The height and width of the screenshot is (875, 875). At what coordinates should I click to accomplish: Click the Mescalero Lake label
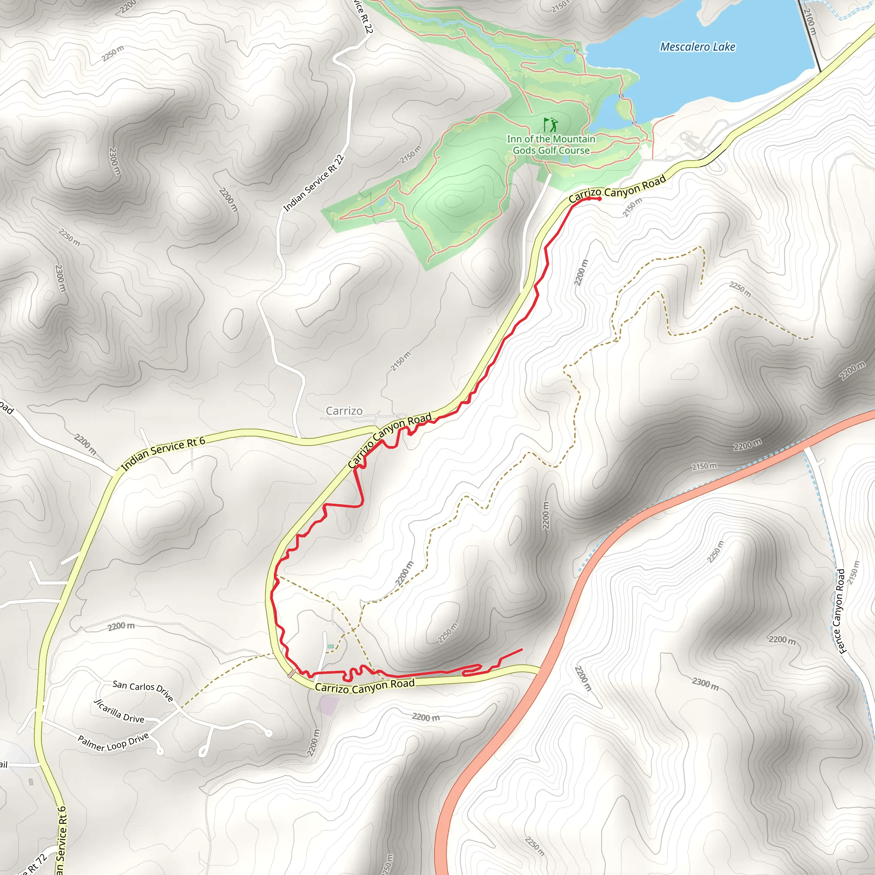(x=697, y=47)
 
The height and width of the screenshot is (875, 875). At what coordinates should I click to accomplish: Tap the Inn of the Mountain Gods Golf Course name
(x=551, y=144)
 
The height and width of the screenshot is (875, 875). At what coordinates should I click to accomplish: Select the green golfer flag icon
(x=550, y=124)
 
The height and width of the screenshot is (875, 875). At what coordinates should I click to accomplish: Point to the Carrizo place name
(x=344, y=411)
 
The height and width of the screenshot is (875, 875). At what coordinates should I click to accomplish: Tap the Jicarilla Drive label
(x=119, y=711)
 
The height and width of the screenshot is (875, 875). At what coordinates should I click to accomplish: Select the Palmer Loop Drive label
(x=113, y=741)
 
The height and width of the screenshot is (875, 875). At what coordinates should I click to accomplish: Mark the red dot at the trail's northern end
(x=599, y=199)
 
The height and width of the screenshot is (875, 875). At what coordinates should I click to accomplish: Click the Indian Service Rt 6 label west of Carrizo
(x=163, y=453)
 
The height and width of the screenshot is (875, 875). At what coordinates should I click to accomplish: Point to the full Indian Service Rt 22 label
(x=314, y=183)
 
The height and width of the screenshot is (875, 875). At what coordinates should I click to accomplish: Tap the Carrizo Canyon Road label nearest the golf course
(x=617, y=189)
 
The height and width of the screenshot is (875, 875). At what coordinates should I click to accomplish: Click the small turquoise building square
(x=331, y=646)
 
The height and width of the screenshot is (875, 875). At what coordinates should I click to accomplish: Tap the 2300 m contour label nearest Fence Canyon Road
(x=705, y=684)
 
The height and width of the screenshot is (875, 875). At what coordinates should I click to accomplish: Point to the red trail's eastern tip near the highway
(x=522, y=649)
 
